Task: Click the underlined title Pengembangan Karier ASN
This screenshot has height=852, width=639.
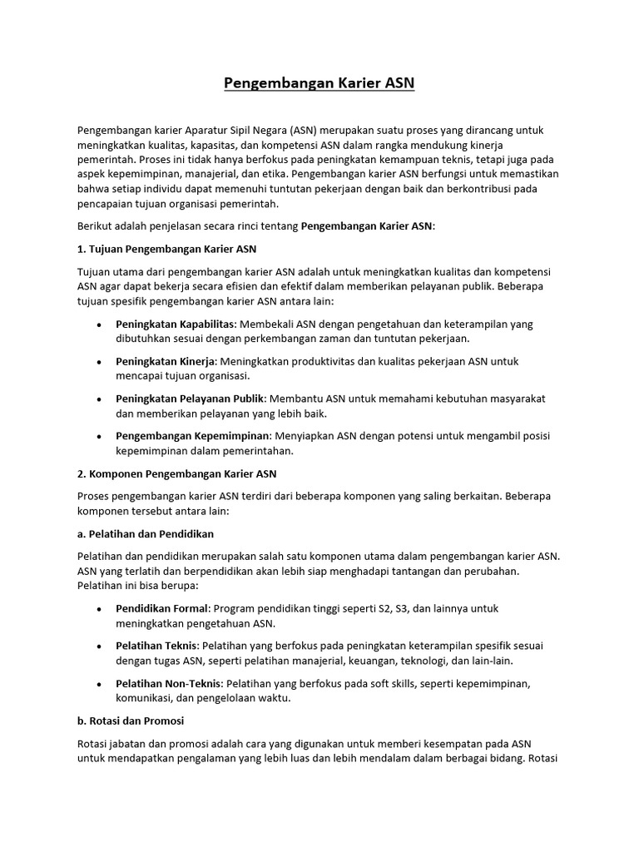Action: click(x=319, y=83)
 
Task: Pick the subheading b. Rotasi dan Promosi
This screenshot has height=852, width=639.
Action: click(x=131, y=721)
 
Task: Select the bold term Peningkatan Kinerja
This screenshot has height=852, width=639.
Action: click(x=166, y=361)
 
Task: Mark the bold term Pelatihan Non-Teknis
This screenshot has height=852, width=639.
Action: click(x=169, y=683)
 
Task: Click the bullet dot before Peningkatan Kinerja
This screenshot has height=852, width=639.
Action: click(x=100, y=362)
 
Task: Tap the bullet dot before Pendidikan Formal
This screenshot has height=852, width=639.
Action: click(x=100, y=609)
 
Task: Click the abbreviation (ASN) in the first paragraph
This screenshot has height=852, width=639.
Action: click(x=303, y=131)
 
